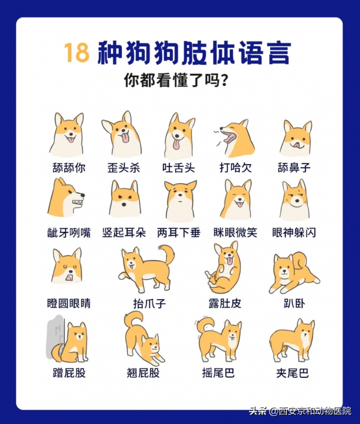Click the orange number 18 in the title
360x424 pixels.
[x=77, y=53]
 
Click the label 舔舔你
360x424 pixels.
[x=68, y=168]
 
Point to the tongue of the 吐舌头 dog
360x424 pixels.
[x=178, y=145]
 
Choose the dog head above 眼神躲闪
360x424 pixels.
[x=295, y=201]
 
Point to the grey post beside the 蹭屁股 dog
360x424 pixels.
[x=54, y=336]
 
